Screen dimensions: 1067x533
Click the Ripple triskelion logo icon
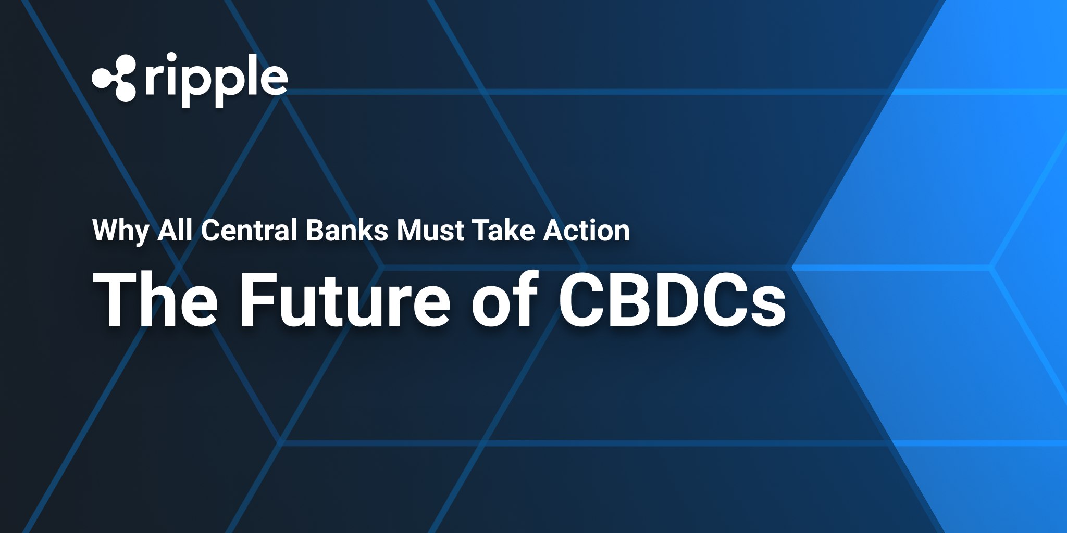coord(114,78)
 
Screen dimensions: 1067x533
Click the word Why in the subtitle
coord(120,231)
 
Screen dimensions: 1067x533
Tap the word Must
coord(430,230)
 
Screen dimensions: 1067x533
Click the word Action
coord(586,230)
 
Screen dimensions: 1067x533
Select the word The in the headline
coord(155,300)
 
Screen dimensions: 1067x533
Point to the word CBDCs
coord(672,300)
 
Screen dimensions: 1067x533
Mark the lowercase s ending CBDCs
coord(766,307)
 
